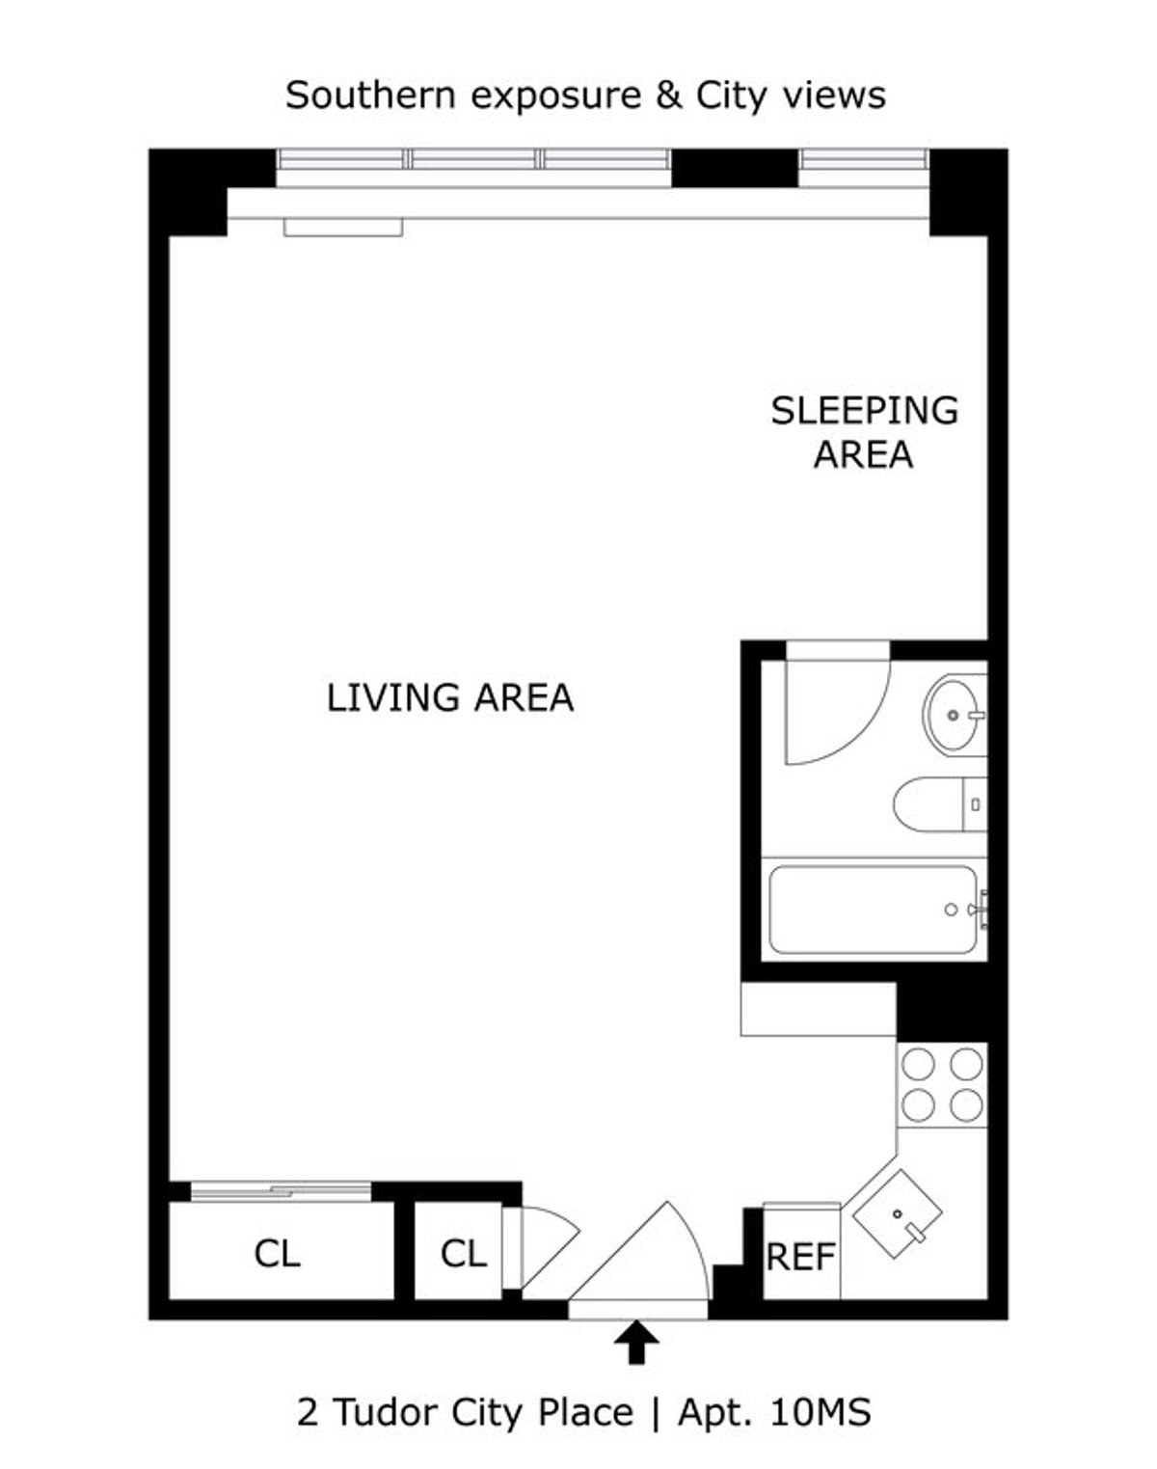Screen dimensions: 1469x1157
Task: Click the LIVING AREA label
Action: [449, 697]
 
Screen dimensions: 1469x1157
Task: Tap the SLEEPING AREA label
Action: [864, 432]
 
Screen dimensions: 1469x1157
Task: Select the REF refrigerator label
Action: [800, 1258]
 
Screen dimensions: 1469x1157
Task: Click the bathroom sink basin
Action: [955, 715]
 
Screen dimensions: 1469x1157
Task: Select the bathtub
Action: [874, 910]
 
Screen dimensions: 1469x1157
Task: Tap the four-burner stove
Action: [942, 1084]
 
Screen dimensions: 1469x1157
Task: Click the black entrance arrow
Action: [636, 1342]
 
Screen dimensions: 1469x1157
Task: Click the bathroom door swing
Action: [834, 709]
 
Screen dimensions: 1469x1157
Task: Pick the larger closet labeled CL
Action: [278, 1254]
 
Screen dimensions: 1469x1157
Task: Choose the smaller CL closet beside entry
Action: [463, 1254]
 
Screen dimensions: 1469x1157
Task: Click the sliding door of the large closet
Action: [281, 1192]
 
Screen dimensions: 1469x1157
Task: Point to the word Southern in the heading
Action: [366, 95]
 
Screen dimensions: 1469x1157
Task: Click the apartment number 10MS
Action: [821, 1413]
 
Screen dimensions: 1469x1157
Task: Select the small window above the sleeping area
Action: [864, 160]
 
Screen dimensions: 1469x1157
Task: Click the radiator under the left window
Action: [343, 228]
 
